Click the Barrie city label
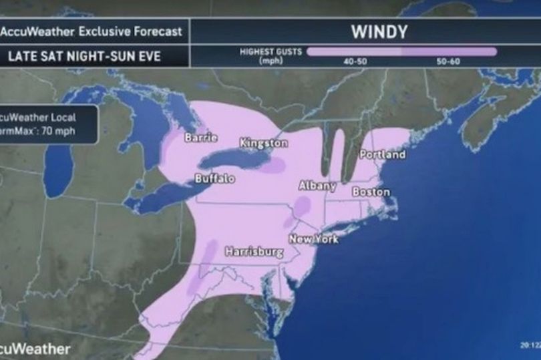[x=201, y=138]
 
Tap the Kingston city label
[x=264, y=143]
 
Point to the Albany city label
[x=317, y=186]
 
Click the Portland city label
[x=382, y=154]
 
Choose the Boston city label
[x=371, y=192]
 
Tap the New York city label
[x=313, y=238]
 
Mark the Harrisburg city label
[x=254, y=252]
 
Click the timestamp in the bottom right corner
[x=529, y=346]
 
